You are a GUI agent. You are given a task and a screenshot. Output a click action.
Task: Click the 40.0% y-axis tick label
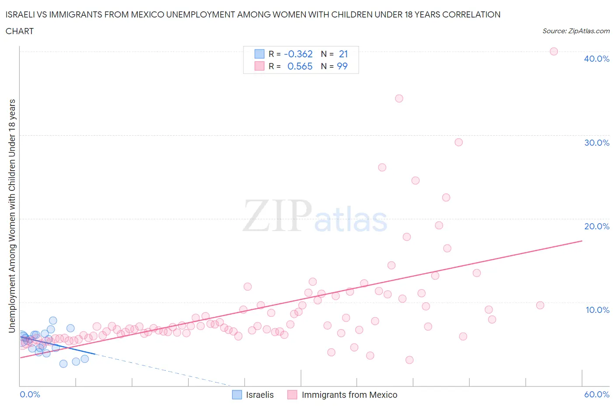(x=596, y=59)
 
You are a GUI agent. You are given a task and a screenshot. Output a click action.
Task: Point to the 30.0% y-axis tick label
(x=596, y=143)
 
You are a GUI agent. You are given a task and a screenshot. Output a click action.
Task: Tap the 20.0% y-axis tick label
(x=596, y=226)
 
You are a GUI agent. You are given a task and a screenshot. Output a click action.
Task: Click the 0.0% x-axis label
(x=30, y=394)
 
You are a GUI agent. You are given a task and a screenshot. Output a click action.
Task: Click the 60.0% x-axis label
(x=596, y=394)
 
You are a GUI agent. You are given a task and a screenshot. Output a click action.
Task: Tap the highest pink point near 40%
(x=553, y=51)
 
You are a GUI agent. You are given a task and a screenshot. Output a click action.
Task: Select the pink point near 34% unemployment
(x=399, y=98)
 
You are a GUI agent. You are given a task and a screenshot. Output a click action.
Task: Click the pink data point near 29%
(x=458, y=142)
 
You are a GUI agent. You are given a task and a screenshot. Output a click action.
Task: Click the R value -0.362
(x=298, y=54)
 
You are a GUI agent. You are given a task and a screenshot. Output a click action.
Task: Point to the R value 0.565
(x=300, y=66)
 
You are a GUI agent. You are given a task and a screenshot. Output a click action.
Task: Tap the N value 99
(x=342, y=66)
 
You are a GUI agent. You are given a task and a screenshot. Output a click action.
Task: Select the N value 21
(x=343, y=54)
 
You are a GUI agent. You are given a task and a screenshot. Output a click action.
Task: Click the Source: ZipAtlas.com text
(x=576, y=31)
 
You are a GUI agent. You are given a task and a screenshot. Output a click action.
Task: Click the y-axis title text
(x=12, y=216)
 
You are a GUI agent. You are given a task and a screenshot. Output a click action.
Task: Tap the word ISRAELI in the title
(x=21, y=14)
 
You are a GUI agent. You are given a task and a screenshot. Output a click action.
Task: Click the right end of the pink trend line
(x=582, y=241)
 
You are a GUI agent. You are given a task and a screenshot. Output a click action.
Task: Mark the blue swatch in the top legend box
(x=259, y=54)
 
